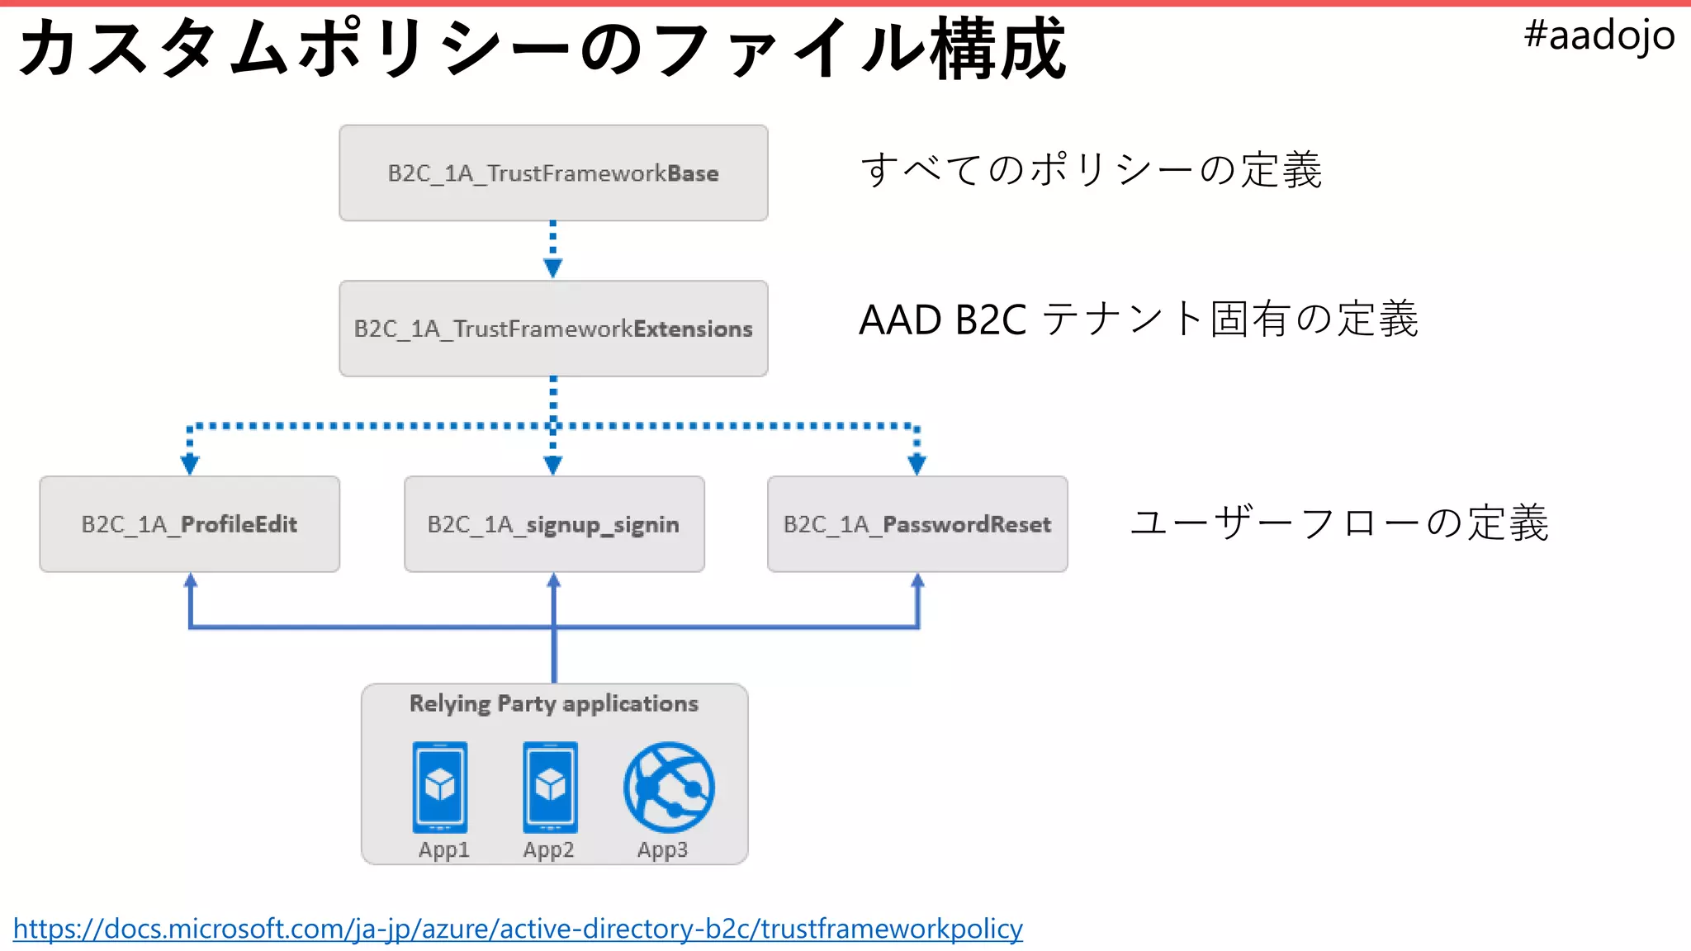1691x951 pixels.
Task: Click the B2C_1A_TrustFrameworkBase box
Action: [x=553, y=173]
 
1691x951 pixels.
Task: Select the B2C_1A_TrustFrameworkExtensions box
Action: [x=553, y=329]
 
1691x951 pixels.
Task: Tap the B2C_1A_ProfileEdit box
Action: [x=189, y=524]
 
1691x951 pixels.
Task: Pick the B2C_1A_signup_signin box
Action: [x=553, y=524]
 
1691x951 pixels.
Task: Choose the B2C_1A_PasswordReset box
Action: [x=917, y=524]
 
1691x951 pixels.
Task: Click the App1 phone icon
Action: [x=440, y=787]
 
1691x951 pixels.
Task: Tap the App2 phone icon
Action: [x=550, y=787]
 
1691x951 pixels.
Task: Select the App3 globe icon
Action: [x=669, y=787]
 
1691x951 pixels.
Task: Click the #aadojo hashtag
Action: [x=1599, y=35]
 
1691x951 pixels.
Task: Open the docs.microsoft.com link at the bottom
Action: [x=518, y=929]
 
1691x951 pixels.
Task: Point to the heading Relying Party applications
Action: [x=553, y=703]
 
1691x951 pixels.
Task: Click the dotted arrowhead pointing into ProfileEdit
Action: [x=190, y=465]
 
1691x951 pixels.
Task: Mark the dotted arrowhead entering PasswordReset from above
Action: [x=917, y=465]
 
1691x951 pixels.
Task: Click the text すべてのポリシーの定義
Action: [x=1091, y=170]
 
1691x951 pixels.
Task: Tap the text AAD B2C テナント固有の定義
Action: [x=1138, y=319]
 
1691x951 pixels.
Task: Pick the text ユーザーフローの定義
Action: [x=1338, y=523]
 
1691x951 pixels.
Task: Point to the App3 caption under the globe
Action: [x=662, y=849]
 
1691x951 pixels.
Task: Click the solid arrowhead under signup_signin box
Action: [x=554, y=582]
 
